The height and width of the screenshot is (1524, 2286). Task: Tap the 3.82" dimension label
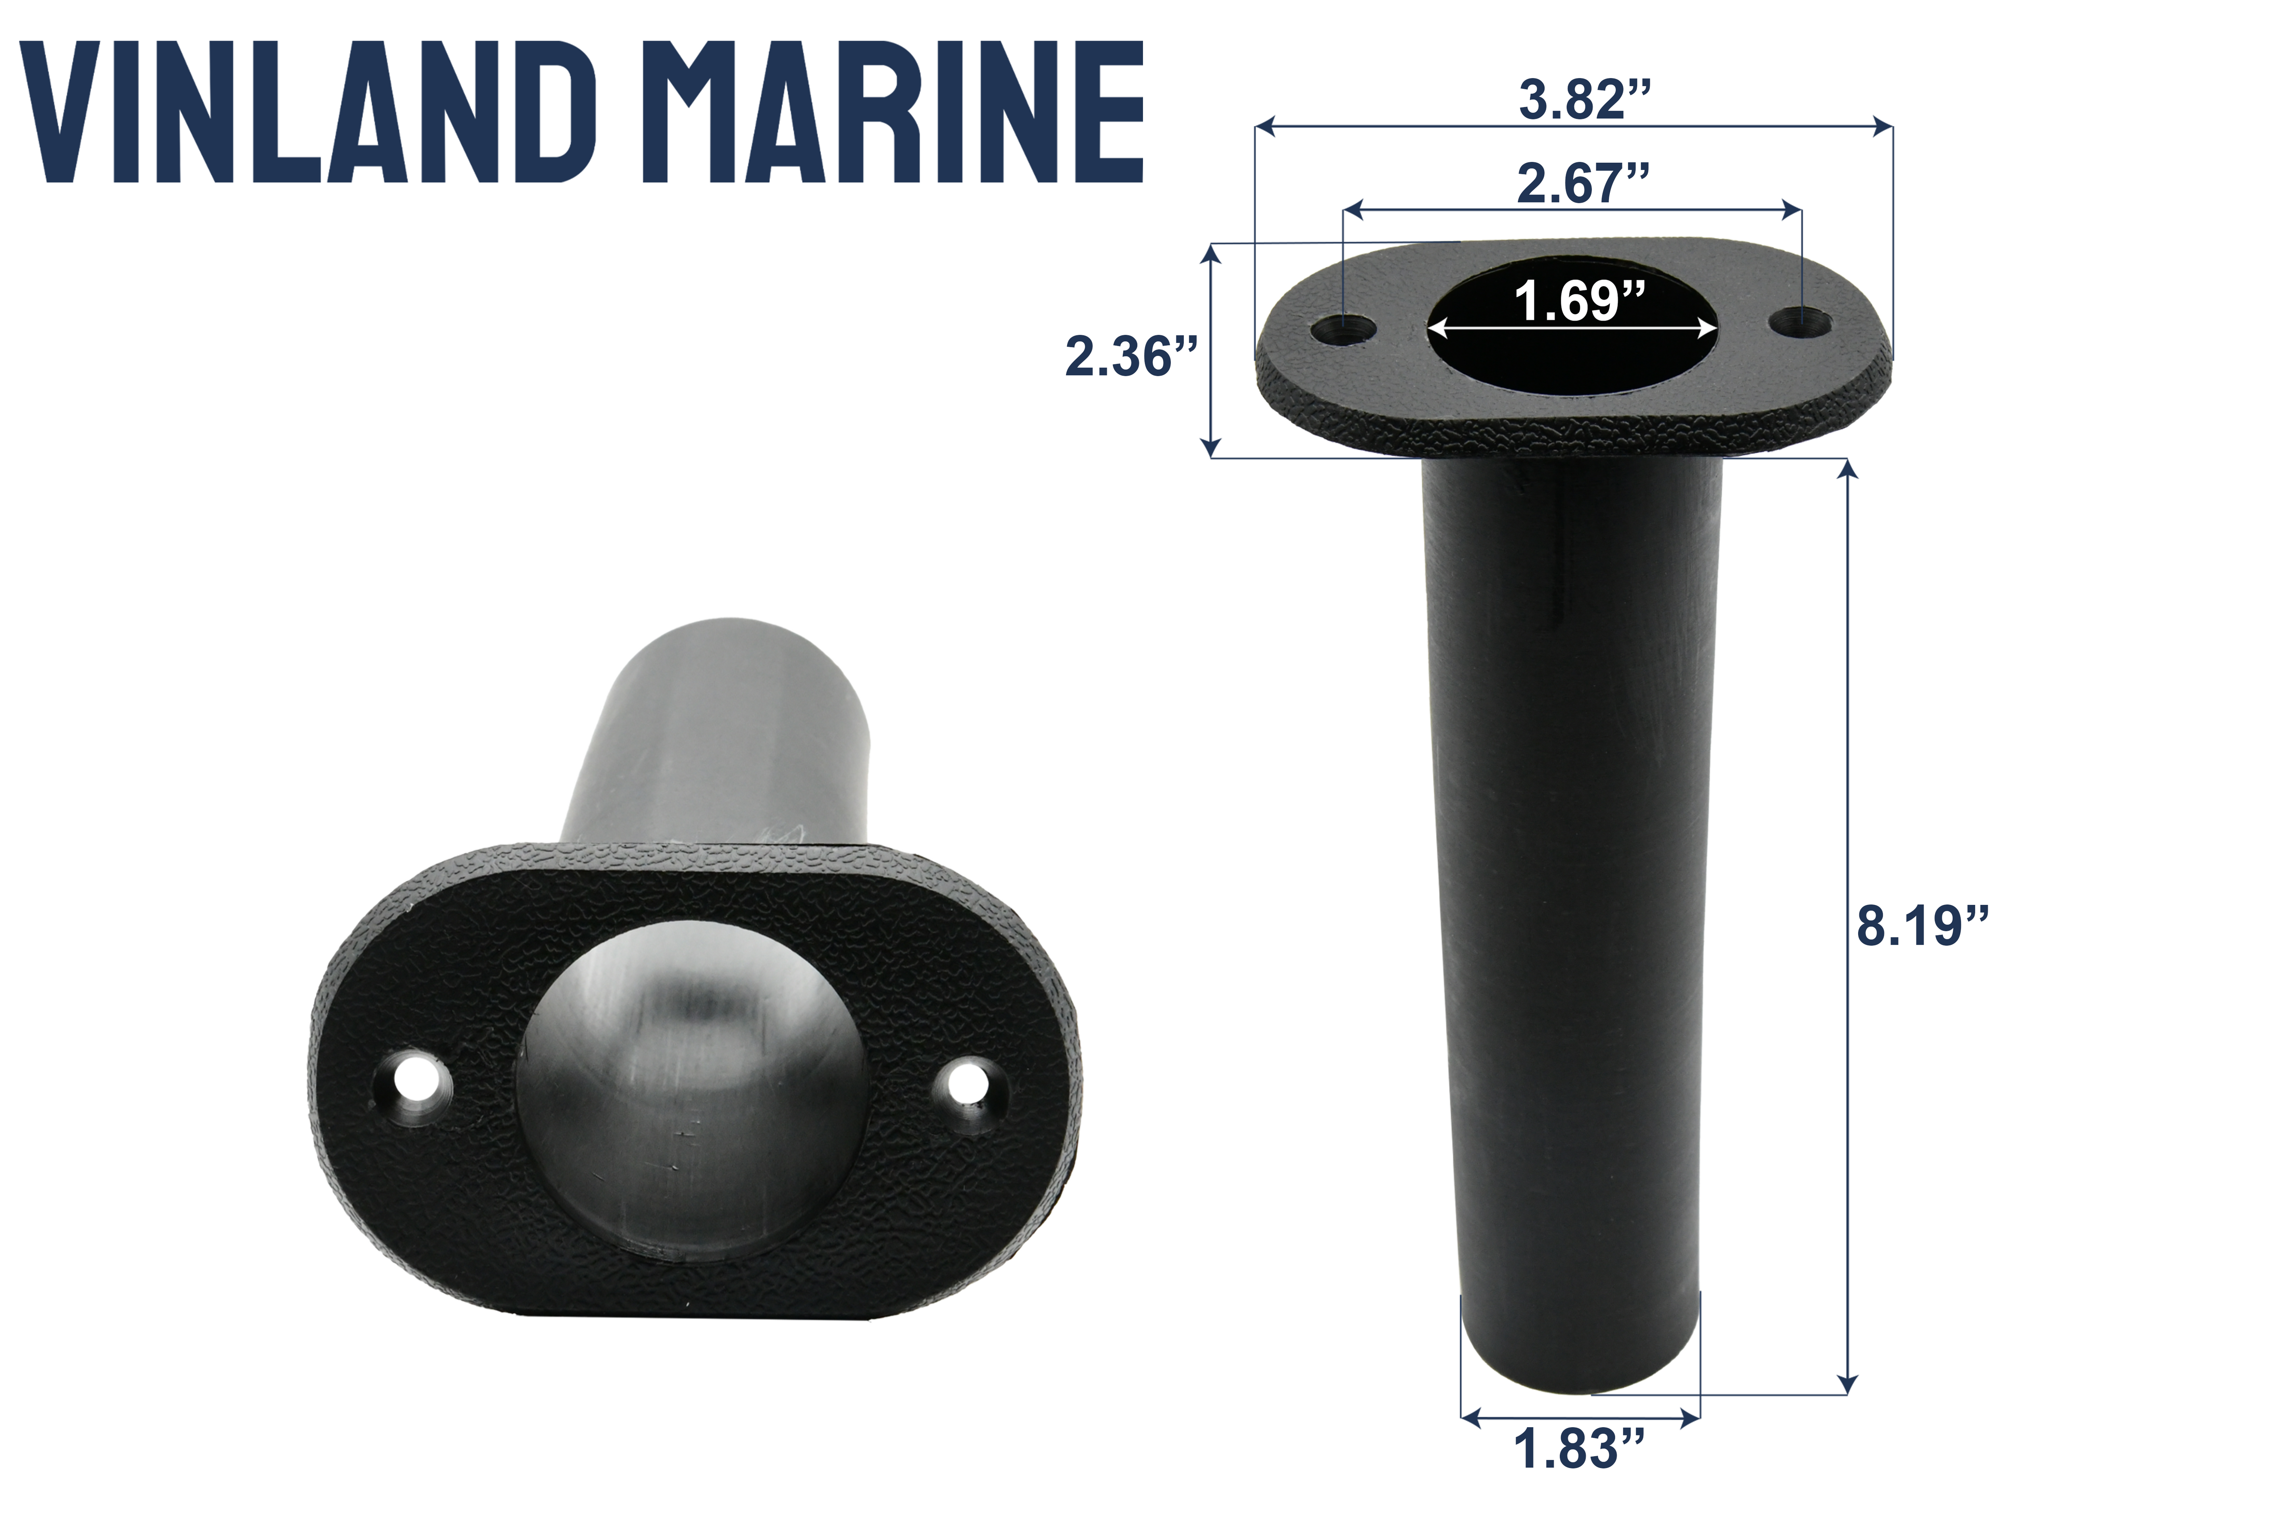pos(1584,100)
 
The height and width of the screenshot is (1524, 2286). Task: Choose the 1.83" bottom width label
pos(1580,1449)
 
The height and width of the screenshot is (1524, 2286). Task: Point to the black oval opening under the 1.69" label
pos(1572,360)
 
